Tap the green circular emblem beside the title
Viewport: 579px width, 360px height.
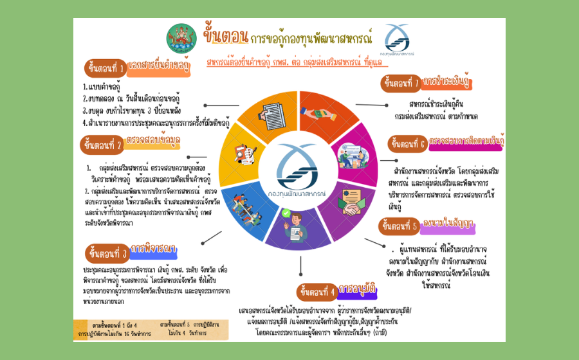pos(181,39)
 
